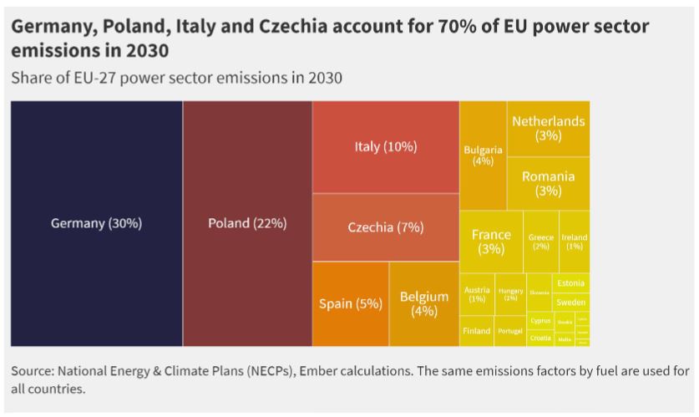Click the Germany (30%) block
[x=96, y=223]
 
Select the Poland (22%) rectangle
[x=247, y=223]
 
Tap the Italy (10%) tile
[x=385, y=147]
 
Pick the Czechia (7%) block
[x=385, y=227]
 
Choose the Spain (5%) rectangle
[x=351, y=303]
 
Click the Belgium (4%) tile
[x=424, y=303]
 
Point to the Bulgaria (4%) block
[x=483, y=155]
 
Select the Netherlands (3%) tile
[x=548, y=129]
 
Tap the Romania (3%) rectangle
[x=548, y=184]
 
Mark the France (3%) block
[x=491, y=242]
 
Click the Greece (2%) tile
[x=541, y=242]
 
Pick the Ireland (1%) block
[x=575, y=242]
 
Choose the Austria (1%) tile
[x=477, y=294]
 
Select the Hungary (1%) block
[x=510, y=294]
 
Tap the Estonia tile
[x=570, y=283]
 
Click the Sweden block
[x=570, y=303]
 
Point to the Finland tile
[x=477, y=331]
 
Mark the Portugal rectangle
[x=510, y=331]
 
